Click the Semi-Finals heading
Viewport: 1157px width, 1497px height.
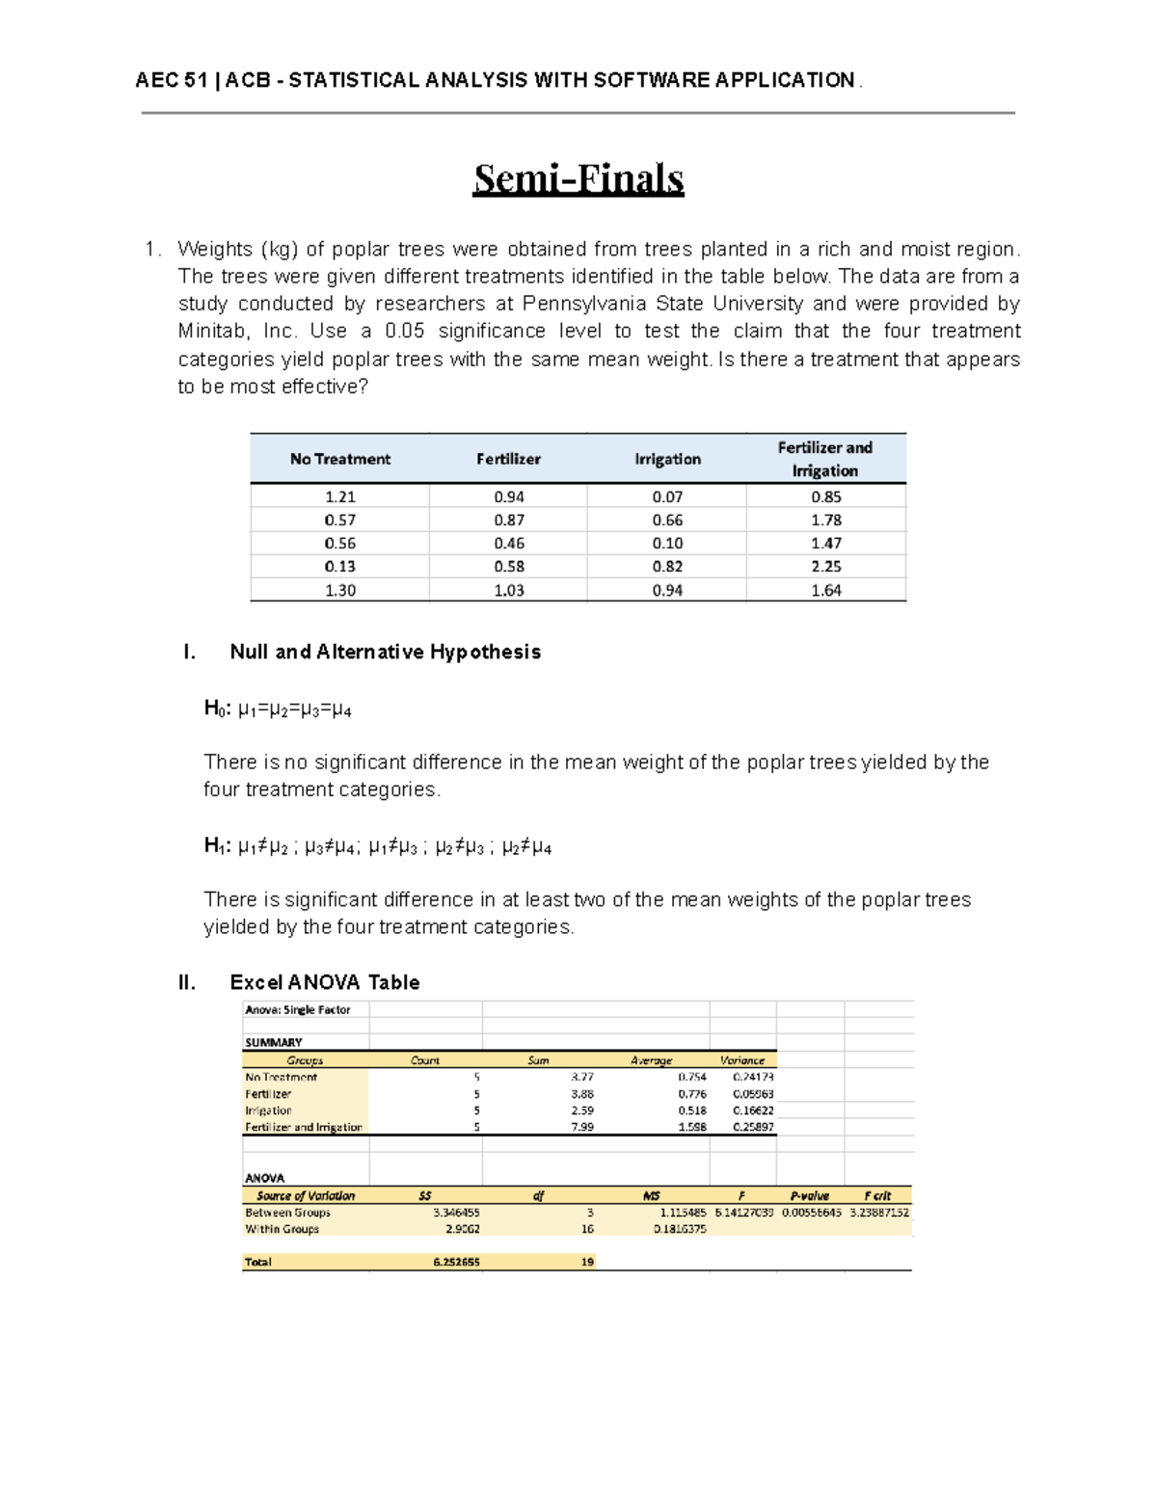578,179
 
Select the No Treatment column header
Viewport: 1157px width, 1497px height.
339,459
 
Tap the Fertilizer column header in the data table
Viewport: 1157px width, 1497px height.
508,459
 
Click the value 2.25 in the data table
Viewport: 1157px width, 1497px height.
825,567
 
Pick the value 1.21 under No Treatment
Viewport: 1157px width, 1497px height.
339,496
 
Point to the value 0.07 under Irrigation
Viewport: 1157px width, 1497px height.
667,496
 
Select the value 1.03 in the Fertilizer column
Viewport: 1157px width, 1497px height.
508,590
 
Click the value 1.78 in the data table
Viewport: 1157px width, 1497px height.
825,520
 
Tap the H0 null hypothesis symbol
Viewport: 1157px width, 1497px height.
215,709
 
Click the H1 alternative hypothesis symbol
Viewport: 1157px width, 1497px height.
215,846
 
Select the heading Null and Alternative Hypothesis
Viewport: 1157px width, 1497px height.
385,652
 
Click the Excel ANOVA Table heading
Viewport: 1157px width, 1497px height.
324,982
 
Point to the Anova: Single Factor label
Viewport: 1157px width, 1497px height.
297,1010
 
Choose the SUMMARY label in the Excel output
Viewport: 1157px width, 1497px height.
273,1042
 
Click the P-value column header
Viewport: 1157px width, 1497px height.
809,1195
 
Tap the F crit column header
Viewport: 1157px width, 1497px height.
877,1195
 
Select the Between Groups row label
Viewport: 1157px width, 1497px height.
287,1213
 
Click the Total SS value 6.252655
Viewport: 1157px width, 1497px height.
456,1262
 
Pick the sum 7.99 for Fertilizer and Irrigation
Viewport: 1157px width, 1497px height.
581,1127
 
